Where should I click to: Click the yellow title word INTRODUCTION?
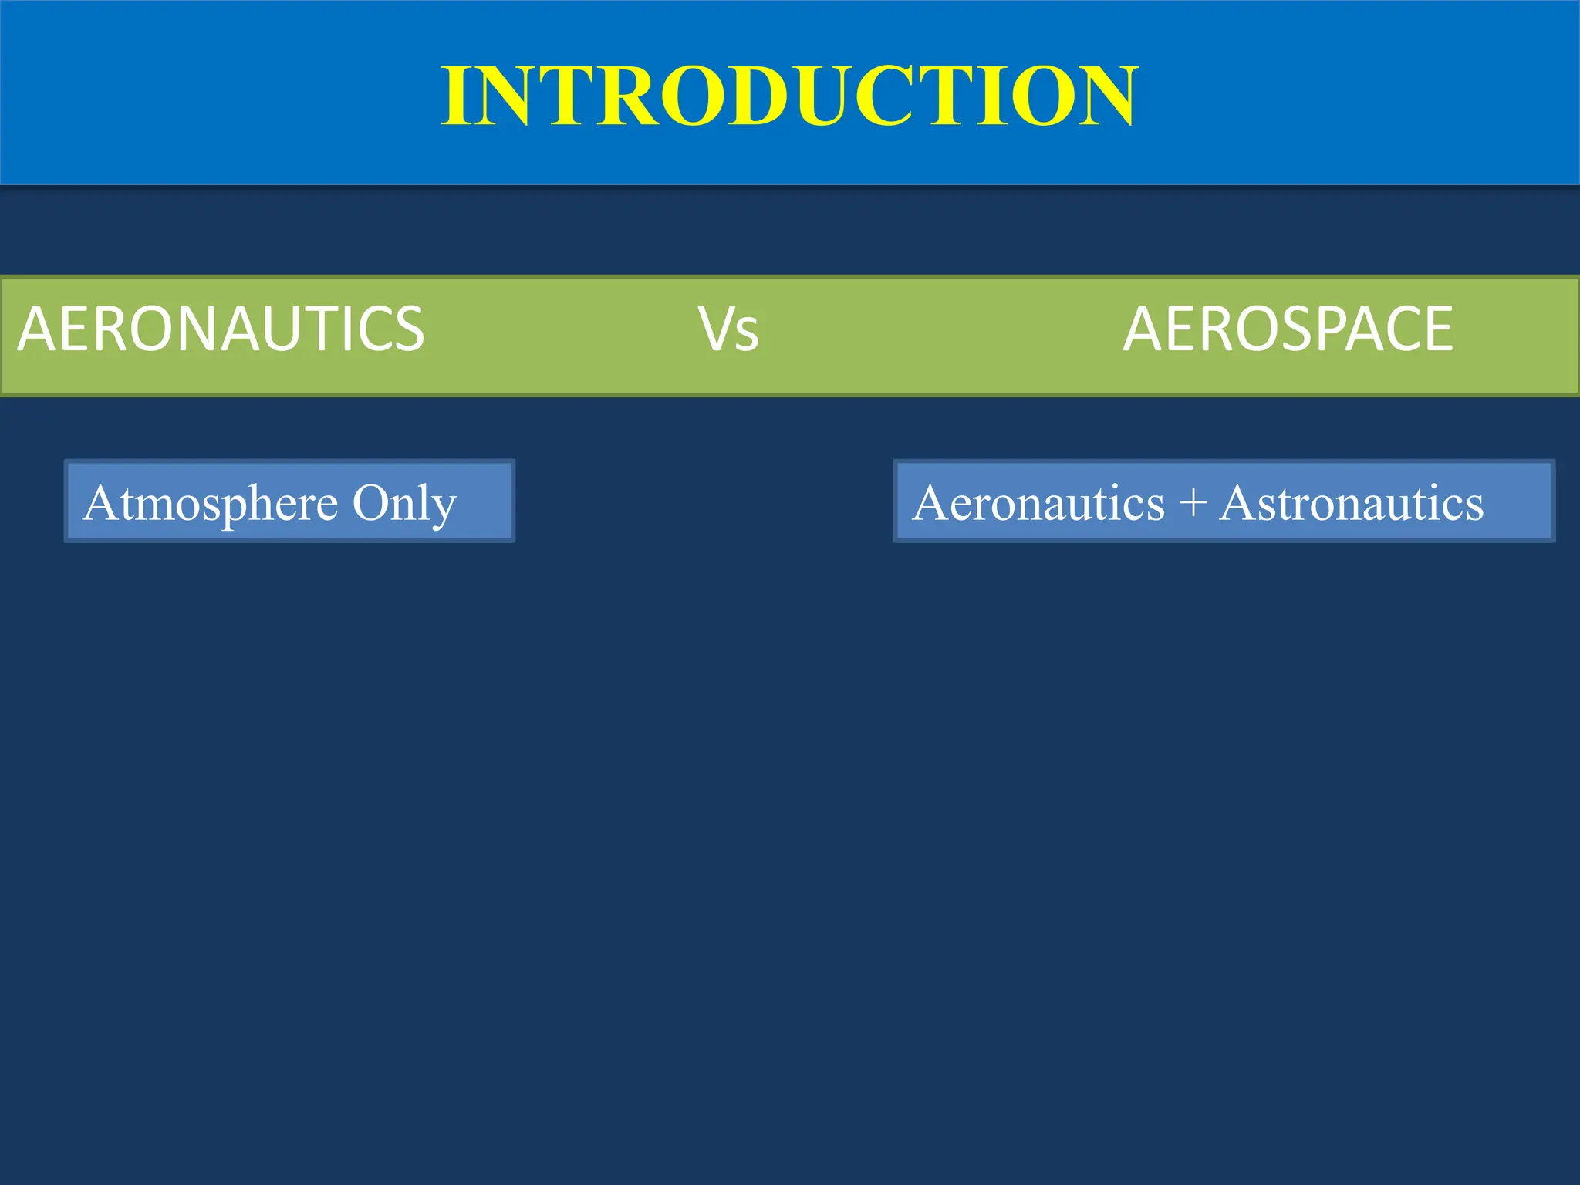(789, 96)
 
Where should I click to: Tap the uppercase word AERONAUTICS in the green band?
(221, 329)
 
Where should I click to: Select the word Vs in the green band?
(728, 329)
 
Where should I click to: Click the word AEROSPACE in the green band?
(1288, 329)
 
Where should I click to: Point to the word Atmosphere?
(211, 504)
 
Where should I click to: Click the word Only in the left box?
(404, 504)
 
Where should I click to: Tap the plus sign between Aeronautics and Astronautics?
(1193, 503)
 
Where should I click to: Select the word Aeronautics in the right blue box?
(1038, 503)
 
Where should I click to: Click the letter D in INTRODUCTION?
(765, 96)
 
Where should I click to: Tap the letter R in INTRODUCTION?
(625, 96)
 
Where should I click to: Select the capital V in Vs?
(715, 329)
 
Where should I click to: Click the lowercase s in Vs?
(747, 333)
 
